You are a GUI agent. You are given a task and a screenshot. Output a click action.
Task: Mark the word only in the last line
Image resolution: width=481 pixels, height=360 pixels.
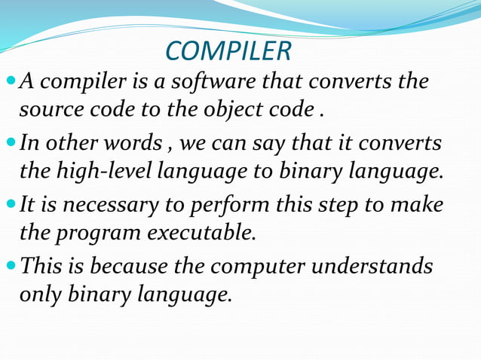(39, 295)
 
